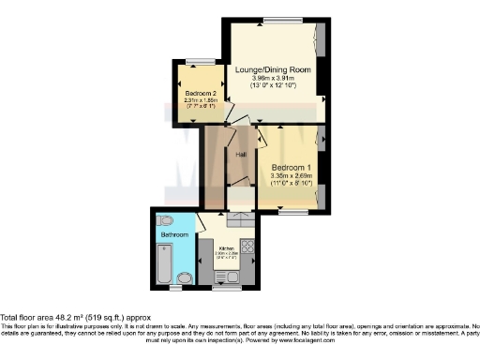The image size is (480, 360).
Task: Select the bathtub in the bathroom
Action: pos(165,262)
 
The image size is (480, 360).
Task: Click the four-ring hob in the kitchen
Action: pos(249,248)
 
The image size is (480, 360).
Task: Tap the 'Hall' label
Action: pos(240,154)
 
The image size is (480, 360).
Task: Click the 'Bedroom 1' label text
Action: pos(292,167)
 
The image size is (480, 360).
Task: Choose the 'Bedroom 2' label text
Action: pos(200,94)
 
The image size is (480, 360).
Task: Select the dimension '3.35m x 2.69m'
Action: pos(292,175)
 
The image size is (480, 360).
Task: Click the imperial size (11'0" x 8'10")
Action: pos(292,184)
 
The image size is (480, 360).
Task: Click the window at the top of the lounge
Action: pos(277,21)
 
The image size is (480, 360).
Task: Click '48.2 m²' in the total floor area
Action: pos(69,317)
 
